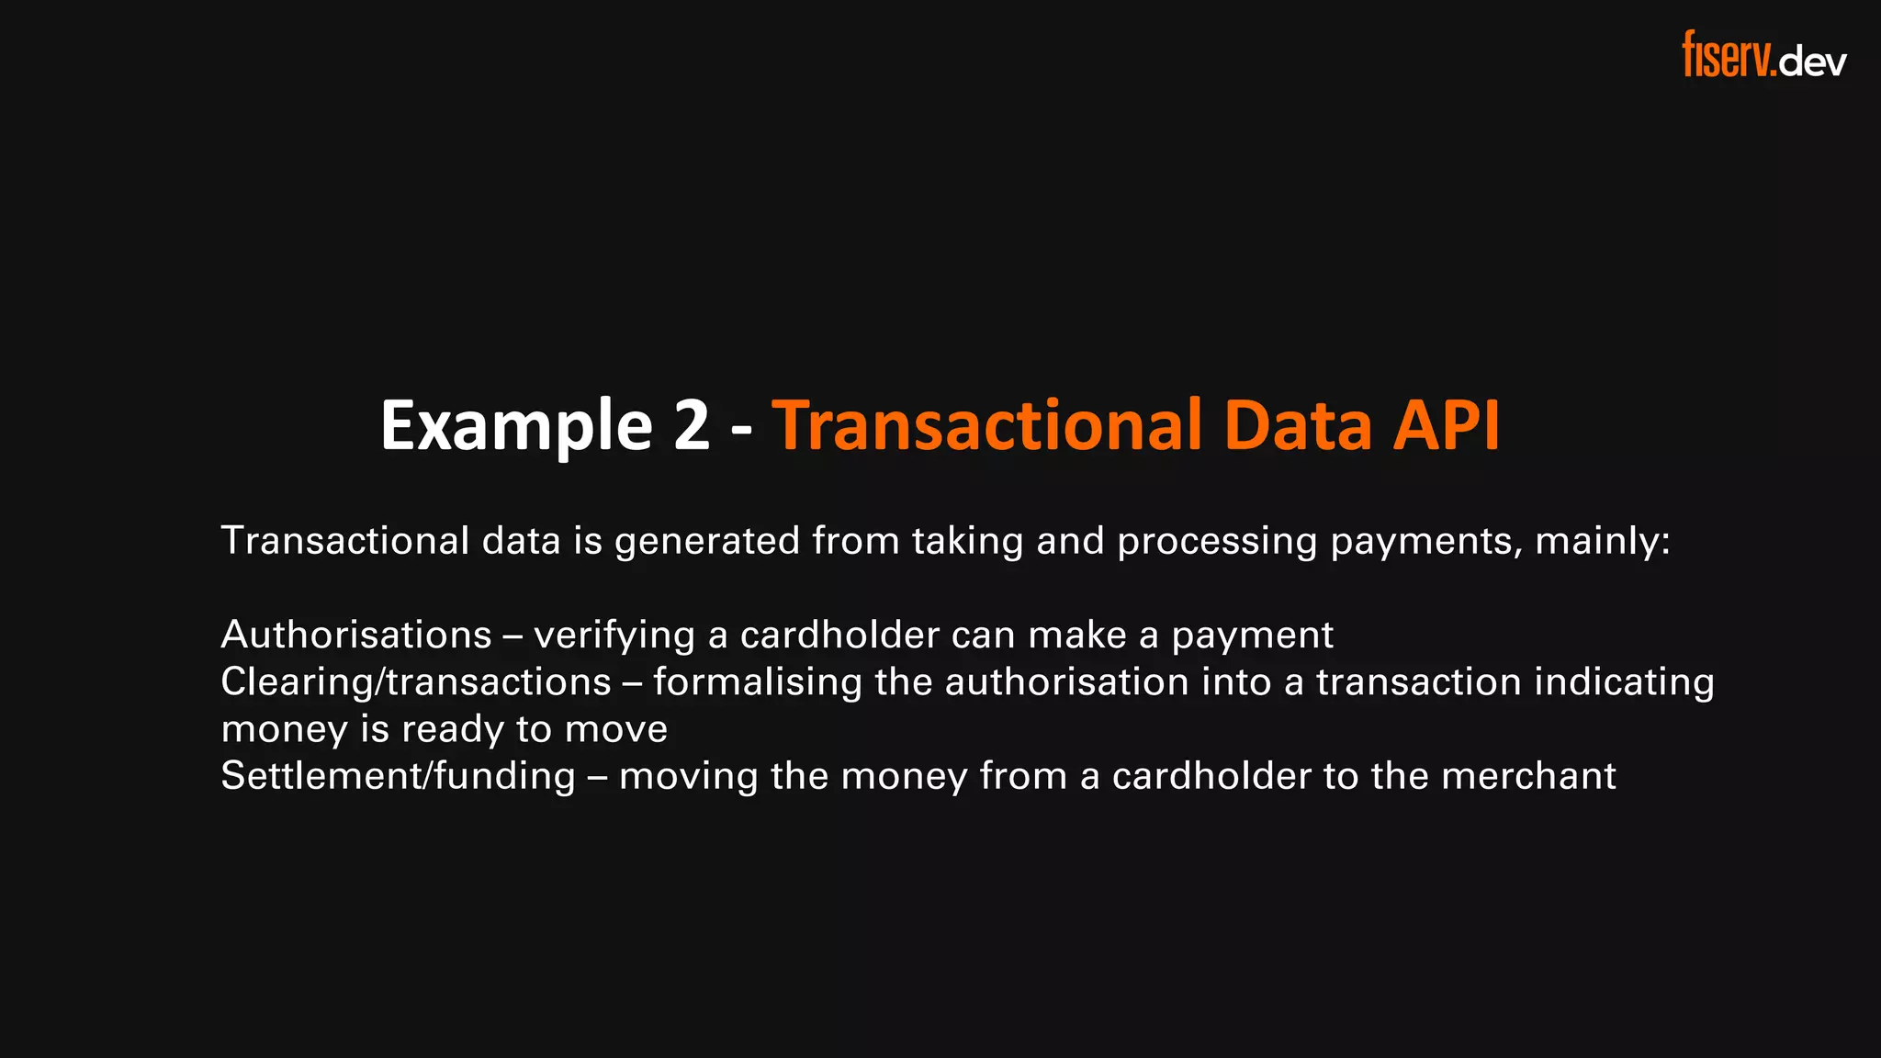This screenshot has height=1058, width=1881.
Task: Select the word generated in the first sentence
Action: coord(707,541)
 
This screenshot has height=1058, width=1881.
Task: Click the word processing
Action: coord(1217,541)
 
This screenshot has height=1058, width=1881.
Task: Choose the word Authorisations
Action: coord(356,635)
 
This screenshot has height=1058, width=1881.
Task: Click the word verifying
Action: coord(614,636)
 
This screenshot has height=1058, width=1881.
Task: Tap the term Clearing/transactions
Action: coord(416,682)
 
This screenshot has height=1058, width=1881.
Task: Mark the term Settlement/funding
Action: coord(398,776)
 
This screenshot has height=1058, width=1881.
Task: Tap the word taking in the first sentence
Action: coord(967,541)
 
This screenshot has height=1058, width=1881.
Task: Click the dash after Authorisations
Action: coord(512,635)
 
